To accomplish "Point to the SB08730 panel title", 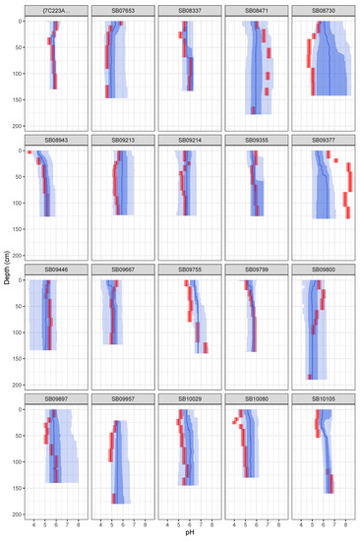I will tap(324, 10).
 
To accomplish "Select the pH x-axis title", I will tap(190, 533).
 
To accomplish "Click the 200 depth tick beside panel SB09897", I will tap(17, 513).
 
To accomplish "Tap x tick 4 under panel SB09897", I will tap(33, 523).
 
